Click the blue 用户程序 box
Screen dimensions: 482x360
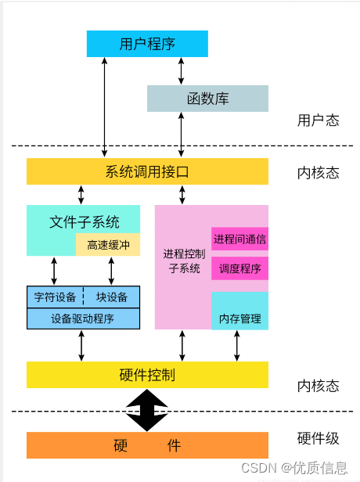point(147,44)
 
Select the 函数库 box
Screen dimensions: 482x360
point(207,99)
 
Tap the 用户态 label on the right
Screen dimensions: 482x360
point(318,120)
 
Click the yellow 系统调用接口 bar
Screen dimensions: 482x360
point(147,171)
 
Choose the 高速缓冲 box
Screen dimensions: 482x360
point(108,245)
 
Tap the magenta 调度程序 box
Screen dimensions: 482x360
point(239,268)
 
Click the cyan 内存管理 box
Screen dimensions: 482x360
point(239,318)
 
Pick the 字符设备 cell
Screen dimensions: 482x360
point(56,297)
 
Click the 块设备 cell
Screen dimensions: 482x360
point(112,297)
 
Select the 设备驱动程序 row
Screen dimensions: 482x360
point(83,318)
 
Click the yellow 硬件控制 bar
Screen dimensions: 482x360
point(147,375)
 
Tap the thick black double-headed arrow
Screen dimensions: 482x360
point(147,409)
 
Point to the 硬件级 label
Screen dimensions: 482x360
point(318,439)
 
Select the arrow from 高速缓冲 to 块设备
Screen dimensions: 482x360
point(111,271)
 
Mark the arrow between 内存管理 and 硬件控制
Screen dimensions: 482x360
point(236,345)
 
